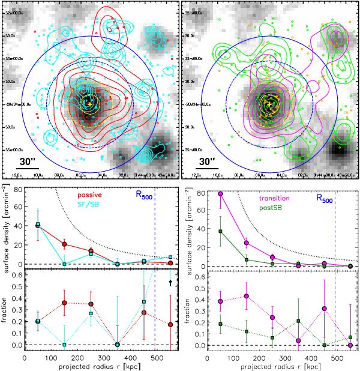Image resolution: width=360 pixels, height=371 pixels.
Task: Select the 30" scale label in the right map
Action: (x=207, y=160)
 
